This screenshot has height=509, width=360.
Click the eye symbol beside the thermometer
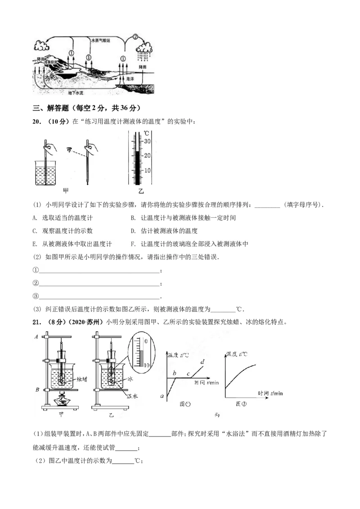(69, 150)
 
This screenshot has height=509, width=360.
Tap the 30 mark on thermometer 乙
(147, 141)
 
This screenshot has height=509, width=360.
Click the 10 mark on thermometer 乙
(147, 170)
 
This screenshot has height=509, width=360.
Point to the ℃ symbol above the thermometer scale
(147, 133)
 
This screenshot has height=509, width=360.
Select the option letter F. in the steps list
(133, 244)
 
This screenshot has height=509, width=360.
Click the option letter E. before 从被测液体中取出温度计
(35, 244)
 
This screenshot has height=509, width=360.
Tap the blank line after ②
(99, 283)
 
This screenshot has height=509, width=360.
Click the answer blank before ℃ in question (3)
(223, 309)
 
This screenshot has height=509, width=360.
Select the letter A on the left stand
(36, 337)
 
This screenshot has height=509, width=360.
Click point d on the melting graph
(202, 362)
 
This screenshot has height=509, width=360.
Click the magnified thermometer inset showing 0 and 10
(141, 353)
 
